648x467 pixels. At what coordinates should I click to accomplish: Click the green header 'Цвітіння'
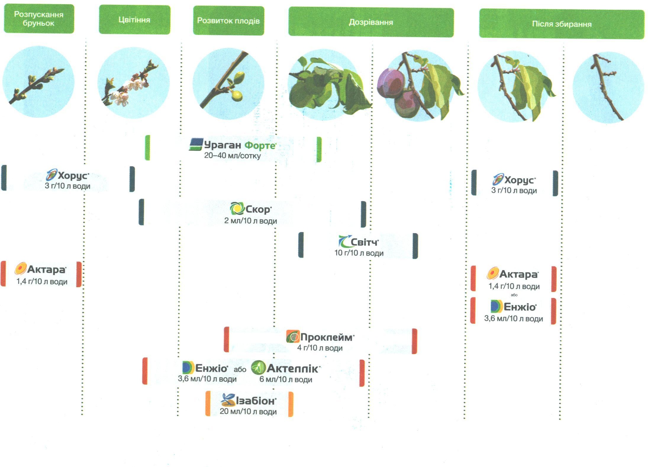pyautogui.click(x=134, y=20)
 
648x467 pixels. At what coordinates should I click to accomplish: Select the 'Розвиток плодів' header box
pyautogui.click(x=228, y=21)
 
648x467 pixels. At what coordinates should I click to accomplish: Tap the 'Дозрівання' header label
pyautogui.click(x=371, y=23)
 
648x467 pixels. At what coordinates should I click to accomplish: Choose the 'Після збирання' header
pyautogui.click(x=561, y=24)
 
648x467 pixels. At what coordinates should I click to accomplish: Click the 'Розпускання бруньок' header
pyautogui.click(x=38, y=19)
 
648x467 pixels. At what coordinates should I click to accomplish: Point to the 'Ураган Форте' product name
pyautogui.click(x=240, y=145)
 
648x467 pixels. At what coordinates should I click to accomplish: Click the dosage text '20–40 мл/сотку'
pyautogui.click(x=232, y=155)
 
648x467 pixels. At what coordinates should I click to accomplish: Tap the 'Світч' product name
pyautogui.click(x=364, y=242)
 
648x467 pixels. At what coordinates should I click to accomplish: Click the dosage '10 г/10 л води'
pyautogui.click(x=359, y=253)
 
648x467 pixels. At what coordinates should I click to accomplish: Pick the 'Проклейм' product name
pyautogui.click(x=327, y=337)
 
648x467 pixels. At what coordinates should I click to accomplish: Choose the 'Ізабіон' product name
pyautogui.click(x=256, y=401)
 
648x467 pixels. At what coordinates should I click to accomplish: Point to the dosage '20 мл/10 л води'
pyautogui.click(x=248, y=411)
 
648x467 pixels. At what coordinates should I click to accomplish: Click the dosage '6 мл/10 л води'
pyautogui.click(x=286, y=379)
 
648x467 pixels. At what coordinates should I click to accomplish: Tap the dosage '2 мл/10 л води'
pyautogui.click(x=250, y=221)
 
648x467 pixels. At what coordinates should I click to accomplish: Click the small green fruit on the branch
pyautogui.click(x=237, y=95)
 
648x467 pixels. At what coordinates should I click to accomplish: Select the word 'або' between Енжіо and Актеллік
pyautogui.click(x=240, y=369)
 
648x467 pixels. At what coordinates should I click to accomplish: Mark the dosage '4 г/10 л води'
pyautogui.click(x=320, y=348)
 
